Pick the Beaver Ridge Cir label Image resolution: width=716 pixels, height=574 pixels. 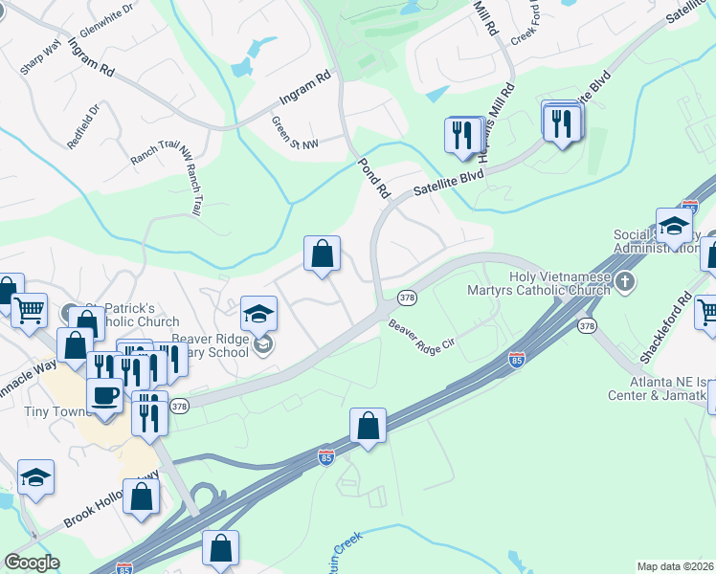click(x=422, y=338)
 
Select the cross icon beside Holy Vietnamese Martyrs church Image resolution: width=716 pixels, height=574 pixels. click(x=625, y=281)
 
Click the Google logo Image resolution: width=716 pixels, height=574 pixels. click(x=33, y=563)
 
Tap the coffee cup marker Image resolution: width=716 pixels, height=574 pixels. click(x=104, y=393)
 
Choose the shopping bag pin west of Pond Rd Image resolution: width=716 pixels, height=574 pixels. click(x=323, y=254)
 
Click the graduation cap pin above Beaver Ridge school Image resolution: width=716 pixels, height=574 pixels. click(x=257, y=312)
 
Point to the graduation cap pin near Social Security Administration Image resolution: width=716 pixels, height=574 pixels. click(x=674, y=226)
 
